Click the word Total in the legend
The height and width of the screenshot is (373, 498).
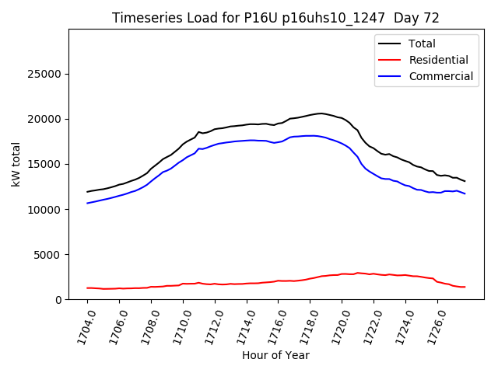click(423, 44)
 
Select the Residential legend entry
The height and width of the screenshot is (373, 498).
click(439, 60)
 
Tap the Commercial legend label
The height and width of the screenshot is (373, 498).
click(441, 76)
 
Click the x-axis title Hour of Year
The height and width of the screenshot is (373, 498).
click(275, 355)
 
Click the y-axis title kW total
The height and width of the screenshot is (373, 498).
click(16, 164)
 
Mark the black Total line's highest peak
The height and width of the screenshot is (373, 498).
click(321, 113)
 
